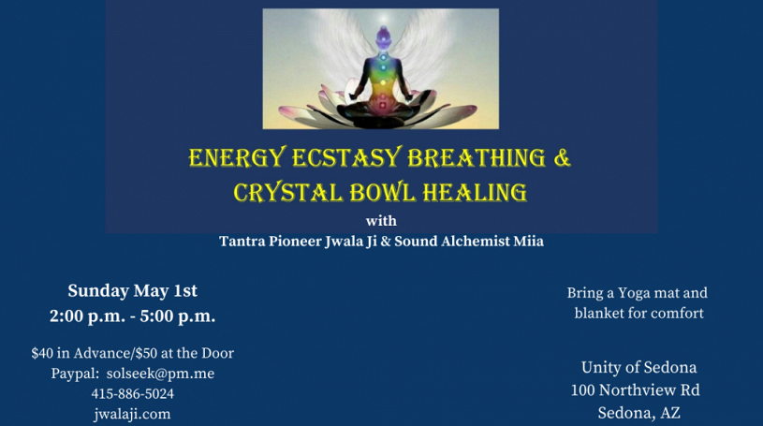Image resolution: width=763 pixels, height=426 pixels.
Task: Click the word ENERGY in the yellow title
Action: click(x=237, y=158)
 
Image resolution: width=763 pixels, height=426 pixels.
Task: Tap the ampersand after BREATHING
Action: click(x=562, y=157)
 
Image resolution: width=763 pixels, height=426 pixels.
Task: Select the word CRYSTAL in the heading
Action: click(x=288, y=192)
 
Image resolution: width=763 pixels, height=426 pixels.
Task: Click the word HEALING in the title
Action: click(x=475, y=192)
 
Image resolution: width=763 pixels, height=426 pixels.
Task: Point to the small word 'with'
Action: click(x=381, y=221)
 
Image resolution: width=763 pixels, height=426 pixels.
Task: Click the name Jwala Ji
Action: click(x=351, y=242)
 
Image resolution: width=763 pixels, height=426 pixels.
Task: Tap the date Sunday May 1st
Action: click(x=132, y=290)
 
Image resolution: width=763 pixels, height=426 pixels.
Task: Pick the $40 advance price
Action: click(x=42, y=353)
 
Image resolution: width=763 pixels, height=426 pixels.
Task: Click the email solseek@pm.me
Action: click(x=161, y=374)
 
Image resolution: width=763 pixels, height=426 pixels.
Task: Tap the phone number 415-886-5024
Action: click(x=132, y=393)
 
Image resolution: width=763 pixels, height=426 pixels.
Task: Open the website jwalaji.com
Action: click(x=132, y=415)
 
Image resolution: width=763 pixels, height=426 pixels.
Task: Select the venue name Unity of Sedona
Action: click(x=638, y=367)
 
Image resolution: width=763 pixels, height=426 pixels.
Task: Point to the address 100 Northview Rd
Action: click(x=636, y=390)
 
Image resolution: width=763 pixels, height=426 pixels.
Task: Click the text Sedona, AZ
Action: click(x=638, y=413)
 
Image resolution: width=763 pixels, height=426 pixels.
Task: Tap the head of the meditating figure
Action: click(x=384, y=35)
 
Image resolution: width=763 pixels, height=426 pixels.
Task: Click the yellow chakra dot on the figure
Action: click(x=383, y=83)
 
